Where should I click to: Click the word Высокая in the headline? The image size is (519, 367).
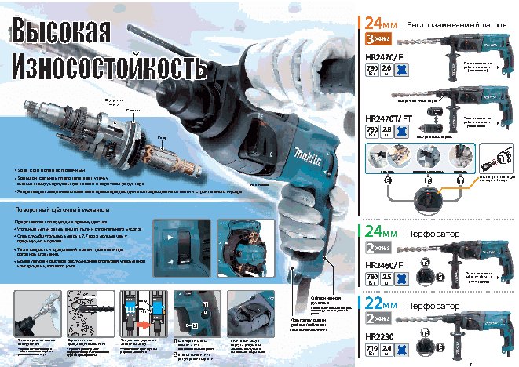pos(59,33)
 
